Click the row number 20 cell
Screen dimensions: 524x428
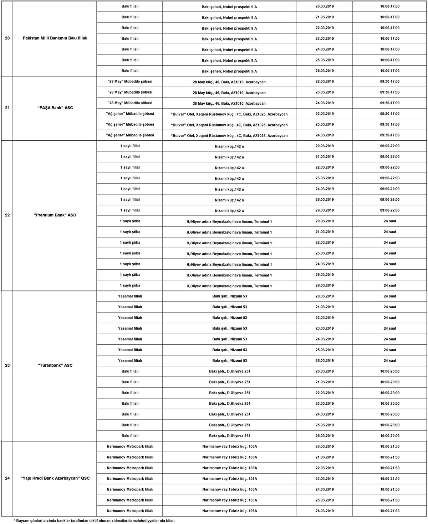[x=7, y=38]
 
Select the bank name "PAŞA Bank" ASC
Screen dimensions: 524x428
[x=55, y=108]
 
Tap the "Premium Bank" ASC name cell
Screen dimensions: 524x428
[x=55, y=215]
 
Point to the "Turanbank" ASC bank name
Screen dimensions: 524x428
[x=55, y=365]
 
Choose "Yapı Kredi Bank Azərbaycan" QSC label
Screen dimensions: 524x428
[x=55, y=478]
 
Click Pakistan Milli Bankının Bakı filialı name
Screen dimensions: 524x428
[x=55, y=38]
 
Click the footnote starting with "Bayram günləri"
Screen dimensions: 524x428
[x=94, y=520]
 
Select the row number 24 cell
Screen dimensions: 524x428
[x=7, y=478]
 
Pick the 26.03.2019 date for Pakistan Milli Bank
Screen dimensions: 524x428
[x=325, y=71]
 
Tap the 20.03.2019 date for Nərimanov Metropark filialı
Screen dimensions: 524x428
[x=325, y=446]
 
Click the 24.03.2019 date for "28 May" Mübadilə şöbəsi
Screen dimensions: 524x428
[x=325, y=103]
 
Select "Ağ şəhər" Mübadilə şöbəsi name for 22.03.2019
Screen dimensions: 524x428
[x=130, y=114]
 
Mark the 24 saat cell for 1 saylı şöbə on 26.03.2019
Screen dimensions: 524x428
[x=390, y=285]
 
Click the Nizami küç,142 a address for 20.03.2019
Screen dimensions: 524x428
[x=229, y=146]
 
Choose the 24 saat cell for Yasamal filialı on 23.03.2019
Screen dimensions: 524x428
[x=390, y=328]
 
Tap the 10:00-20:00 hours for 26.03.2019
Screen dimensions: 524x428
[x=390, y=436]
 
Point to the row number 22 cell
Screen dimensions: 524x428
[x=7, y=215]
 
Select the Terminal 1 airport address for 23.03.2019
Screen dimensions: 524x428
[x=229, y=254]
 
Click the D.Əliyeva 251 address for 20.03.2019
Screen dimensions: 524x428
[x=229, y=371]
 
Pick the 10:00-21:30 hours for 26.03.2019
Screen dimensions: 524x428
[x=390, y=511]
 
